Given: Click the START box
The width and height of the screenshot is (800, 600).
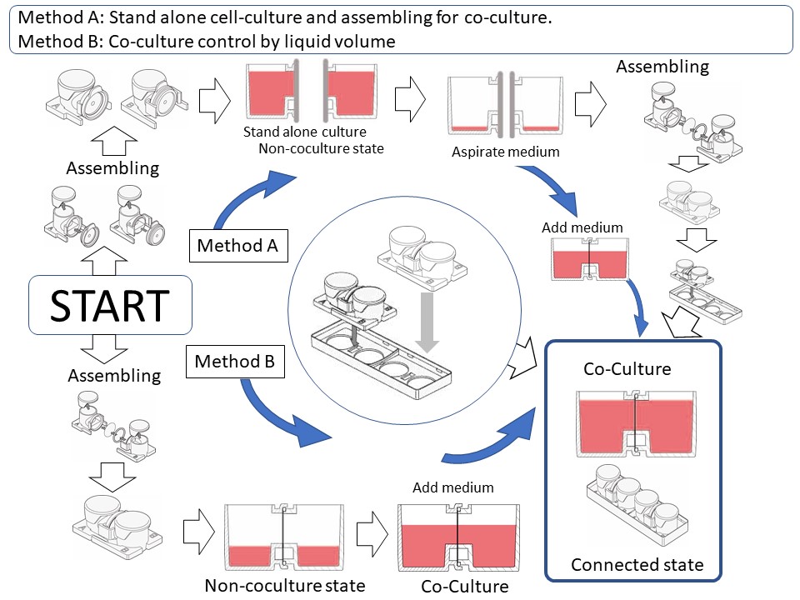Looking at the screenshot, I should tap(110, 307).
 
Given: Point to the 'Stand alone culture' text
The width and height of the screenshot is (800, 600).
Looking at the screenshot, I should tap(304, 132).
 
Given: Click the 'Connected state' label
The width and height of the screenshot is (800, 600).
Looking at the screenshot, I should tap(637, 565).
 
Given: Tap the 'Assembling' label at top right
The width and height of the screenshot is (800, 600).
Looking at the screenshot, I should tap(662, 67).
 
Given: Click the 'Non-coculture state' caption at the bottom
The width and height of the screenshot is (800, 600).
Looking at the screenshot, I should tap(284, 585).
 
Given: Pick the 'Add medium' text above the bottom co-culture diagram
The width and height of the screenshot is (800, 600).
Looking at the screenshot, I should tap(453, 487).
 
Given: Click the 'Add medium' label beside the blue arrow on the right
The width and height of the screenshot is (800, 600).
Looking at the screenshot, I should tap(582, 227).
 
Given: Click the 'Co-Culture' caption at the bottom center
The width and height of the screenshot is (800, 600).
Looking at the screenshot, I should tap(464, 586).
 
